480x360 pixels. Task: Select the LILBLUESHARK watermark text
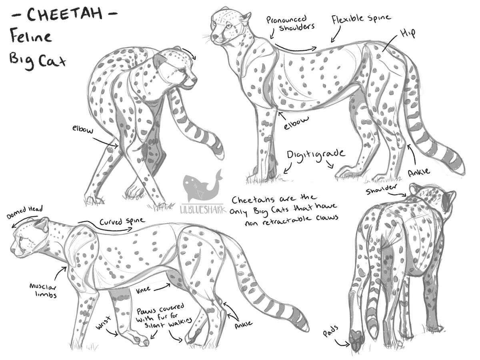click(x=203, y=209)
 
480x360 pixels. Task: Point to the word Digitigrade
click(x=316, y=154)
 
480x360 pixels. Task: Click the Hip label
click(x=408, y=34)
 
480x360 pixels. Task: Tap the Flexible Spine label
click(x=361, y=19)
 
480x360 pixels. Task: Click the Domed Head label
click(x=24, y=212)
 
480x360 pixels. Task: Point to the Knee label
click(x=143, y=290)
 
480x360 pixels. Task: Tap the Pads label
click(x=331, y=331)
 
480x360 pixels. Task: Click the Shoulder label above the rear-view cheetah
click(x=381, y=189)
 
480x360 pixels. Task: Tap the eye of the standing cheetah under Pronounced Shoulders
click(x=228, y=26)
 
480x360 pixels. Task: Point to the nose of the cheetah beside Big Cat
click(x=194, y=79)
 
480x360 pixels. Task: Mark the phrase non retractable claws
click(x=292, y=220)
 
